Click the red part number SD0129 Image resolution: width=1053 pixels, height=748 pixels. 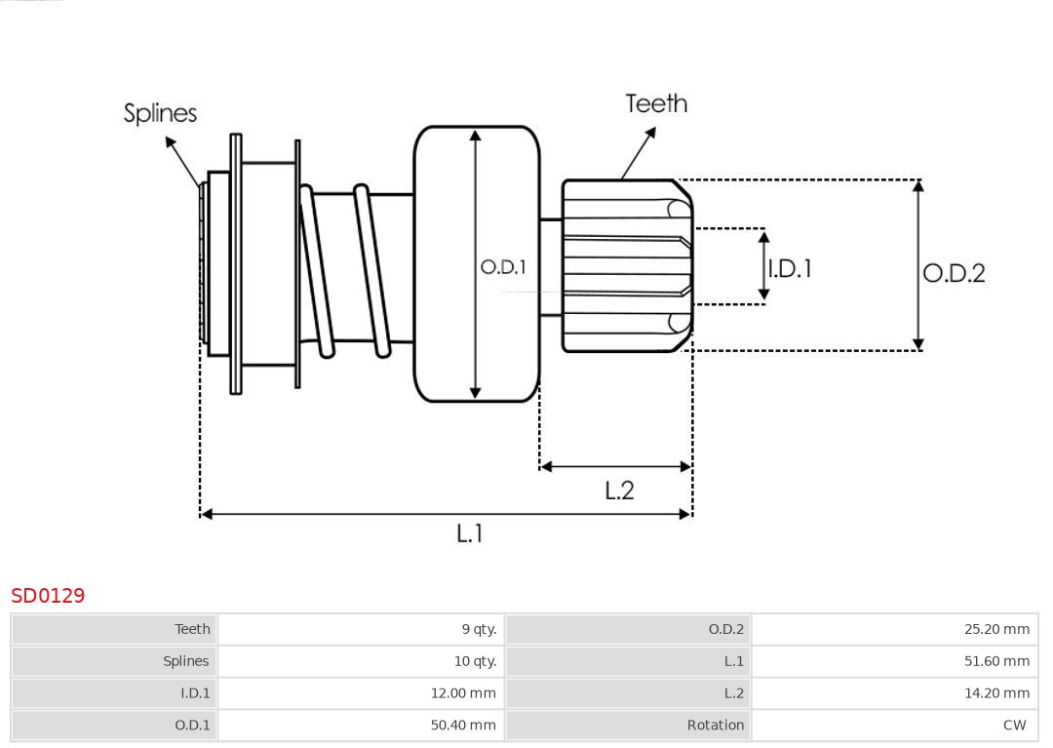click(48, 595)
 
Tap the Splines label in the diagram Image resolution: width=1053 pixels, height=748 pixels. click(160, 113)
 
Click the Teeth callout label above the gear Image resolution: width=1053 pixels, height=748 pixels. click(656, 103)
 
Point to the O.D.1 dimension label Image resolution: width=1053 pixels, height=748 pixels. click(503, 267)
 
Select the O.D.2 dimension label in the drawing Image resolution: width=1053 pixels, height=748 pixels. click(954, 273)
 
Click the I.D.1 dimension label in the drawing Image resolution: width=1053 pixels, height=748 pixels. click(790, 268)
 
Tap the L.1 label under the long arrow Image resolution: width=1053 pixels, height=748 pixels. click(470, 533)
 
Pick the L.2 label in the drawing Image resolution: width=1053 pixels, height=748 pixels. click(619, 491)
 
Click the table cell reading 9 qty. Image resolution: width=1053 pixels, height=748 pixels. click(479, 629)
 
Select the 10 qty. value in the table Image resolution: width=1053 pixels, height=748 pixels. click(475, 661)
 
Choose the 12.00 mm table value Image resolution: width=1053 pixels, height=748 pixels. click(463, 693)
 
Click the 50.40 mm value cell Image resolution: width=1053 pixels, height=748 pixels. click(463, 725)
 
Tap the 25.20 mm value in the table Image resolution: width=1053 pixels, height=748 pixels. click(996, 629)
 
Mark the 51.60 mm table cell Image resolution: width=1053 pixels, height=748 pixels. click(996, 661)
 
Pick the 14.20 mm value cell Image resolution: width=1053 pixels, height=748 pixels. click(996, 693)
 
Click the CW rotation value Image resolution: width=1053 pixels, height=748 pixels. click(1014, 725)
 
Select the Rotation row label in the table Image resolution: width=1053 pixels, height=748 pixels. click(715, 725)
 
